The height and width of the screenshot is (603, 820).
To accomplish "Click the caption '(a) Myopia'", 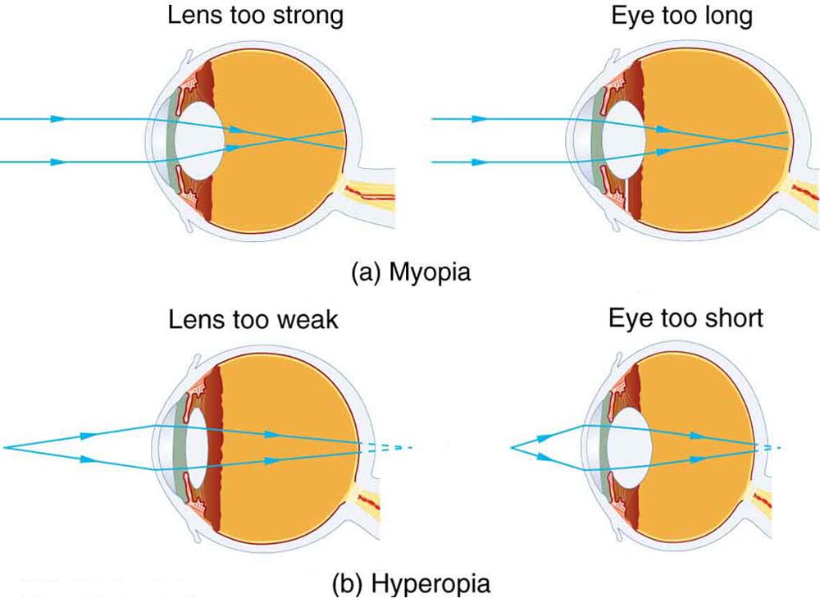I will coord(411,272).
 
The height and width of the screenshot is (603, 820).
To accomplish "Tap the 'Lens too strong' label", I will coord(255,16).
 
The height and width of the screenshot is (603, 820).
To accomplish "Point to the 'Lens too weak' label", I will coord(253,319).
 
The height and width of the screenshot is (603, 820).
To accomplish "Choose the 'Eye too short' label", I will coord(686,317).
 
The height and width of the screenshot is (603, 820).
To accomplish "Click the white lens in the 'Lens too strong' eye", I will coord(201,139).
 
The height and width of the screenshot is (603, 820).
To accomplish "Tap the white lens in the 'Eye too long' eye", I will coord(626,139).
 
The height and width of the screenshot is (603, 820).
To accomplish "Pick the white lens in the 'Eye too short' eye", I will coord(631,448).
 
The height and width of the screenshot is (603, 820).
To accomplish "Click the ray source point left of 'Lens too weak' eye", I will coord(5,447).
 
